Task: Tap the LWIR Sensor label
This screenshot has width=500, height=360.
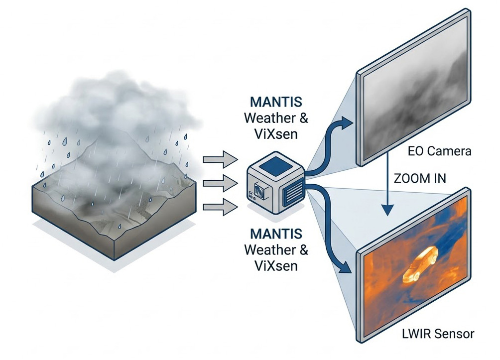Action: point(438,333)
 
